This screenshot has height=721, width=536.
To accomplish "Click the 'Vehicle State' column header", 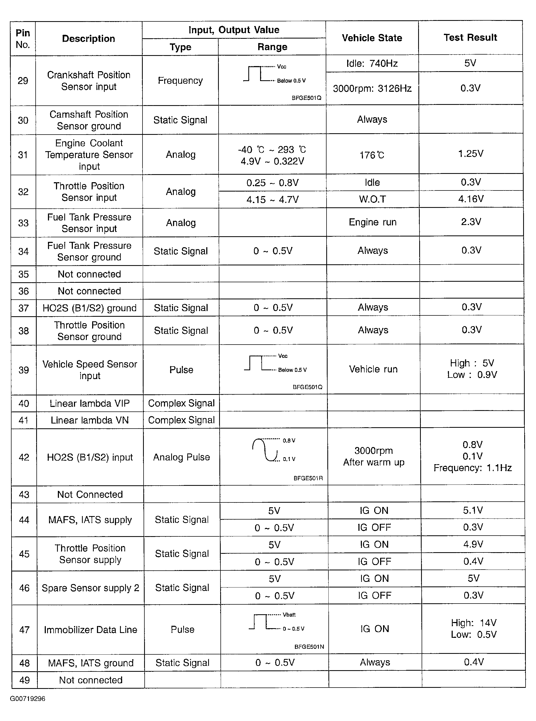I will click(x=372, y=38).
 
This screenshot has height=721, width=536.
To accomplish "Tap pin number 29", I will click(x=23, y=81).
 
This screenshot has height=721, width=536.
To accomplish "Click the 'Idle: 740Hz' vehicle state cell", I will click(x=372, y=63).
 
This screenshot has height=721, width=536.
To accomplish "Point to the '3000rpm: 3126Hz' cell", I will click(x=372, y=89).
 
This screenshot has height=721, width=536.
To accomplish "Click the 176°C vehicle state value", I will click(x=372, y=155).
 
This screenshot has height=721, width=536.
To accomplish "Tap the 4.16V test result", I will click(x=471, y=199).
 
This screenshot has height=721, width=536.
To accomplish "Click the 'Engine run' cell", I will click(x=373, y=222).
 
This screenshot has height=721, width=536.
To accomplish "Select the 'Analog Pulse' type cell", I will click(x=181, y=457).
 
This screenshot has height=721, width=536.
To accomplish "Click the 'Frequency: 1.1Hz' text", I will click(x=473, y=468).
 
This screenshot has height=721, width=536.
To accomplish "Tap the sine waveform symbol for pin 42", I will click(x=265, y=449).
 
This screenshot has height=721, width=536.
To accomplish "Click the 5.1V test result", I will click(x=473, y=510).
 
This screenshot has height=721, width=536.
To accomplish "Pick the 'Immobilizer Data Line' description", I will click(x=91, y=630).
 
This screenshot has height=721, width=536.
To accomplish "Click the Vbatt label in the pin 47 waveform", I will click(x=289, y=615).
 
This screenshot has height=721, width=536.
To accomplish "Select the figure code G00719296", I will click(x=28, y=699).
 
